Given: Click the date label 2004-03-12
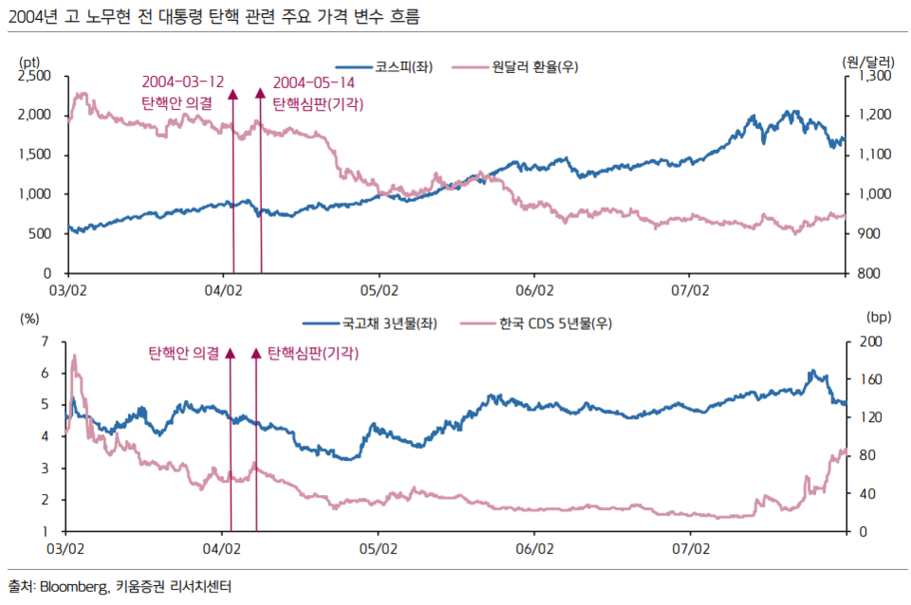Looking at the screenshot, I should [183, 82].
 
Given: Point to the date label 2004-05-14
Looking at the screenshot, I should [314, 82].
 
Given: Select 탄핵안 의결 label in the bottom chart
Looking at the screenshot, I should [184, 353].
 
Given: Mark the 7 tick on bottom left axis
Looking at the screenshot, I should [46, 341].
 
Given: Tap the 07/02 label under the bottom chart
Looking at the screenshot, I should [690, 547].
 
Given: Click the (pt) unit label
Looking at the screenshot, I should [28, 60].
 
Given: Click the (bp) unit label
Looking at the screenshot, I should [874, 321].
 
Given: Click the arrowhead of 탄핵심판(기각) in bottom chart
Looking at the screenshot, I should [255, 354].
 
